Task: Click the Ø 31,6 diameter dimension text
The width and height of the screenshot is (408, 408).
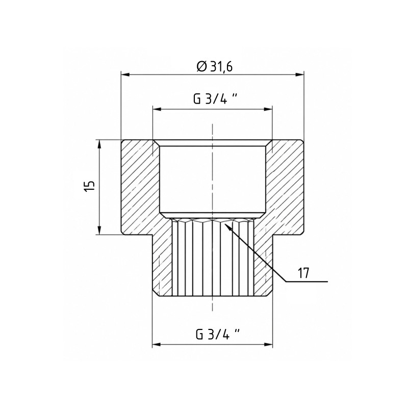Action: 215,67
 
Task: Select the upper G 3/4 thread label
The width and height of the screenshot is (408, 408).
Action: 215,99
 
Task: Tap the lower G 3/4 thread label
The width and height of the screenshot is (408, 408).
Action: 218,334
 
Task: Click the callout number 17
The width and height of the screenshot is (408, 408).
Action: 303,273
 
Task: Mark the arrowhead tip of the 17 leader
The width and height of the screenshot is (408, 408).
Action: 224,223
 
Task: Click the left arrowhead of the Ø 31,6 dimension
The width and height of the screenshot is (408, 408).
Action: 125,74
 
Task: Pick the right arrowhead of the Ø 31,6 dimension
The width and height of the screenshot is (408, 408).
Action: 299,74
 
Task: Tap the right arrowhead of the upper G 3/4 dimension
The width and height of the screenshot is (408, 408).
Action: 268,109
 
